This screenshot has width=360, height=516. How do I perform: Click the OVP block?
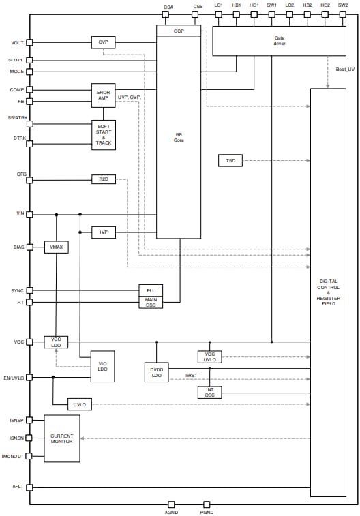[x=103, y=42]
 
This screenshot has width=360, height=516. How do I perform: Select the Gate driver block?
[x=280, y=42]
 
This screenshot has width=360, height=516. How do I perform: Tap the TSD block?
[x=230, y=161]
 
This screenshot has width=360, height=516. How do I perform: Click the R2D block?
[x=103, y=179]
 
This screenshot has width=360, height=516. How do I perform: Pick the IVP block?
[x=103, y=232]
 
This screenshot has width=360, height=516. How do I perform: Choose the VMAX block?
[x=56, y=247]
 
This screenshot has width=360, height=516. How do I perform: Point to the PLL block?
[x=151, y=290]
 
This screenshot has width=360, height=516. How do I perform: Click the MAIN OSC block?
[x=151, y=301]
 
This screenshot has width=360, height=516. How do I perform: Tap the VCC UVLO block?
[x=209, y=356]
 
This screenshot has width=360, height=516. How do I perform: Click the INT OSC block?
[x=209, y=392]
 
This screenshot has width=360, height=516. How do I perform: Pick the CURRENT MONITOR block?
[x=62, y=438]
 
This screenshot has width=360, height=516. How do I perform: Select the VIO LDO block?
[x=103, y=367]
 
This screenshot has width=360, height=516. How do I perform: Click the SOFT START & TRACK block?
[x=103, y=135]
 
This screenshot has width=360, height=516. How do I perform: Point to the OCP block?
[x=179, y=31]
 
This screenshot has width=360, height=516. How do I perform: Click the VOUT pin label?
[x=17, y=42]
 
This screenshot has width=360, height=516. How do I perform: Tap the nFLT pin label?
[x=18, y=487]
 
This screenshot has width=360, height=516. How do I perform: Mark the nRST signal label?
[x=192, y=375]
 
